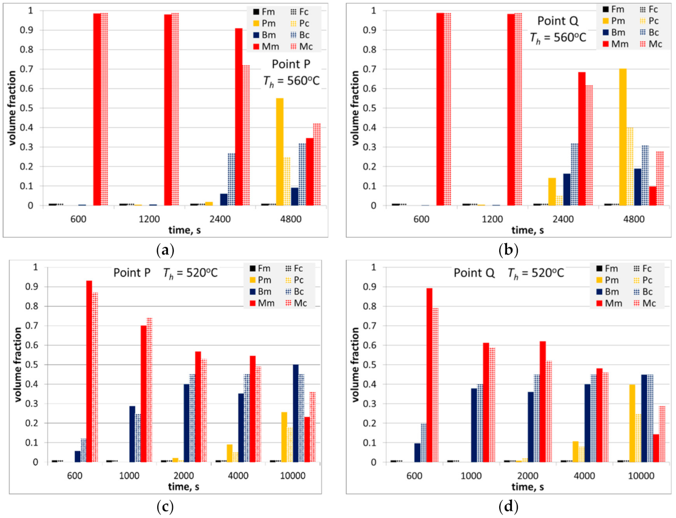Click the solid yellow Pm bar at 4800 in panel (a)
point(280,151)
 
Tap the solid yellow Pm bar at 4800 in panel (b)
point(623,137)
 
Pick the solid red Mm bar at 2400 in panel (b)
point(582,139)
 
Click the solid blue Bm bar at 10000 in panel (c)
point(296,413)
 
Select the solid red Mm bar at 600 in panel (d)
point(429,375)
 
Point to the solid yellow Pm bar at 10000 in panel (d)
point(632,423)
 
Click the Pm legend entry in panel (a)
point(264,23)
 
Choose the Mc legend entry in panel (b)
point(650,44)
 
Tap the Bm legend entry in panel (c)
point(260,292)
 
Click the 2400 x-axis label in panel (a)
point(220,219)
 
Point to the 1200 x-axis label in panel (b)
point(492,219)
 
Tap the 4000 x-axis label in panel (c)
point(238,475)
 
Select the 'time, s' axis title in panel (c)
point(184,486)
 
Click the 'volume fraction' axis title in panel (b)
point(355,108)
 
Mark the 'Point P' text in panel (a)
point(291,64)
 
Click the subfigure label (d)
point(508,507)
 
